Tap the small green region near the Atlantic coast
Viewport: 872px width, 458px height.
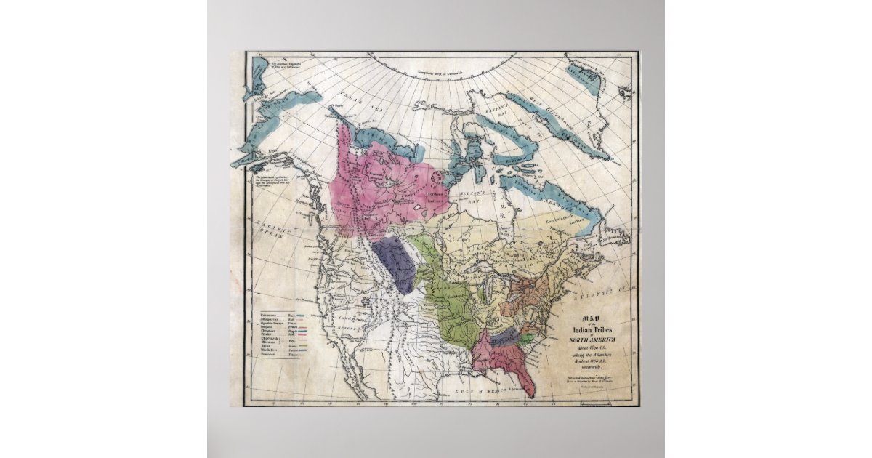(x=525, y=340)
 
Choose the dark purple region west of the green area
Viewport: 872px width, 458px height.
(x=396, y=262)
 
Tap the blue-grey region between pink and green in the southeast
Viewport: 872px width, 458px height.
(x=504, y=336)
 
